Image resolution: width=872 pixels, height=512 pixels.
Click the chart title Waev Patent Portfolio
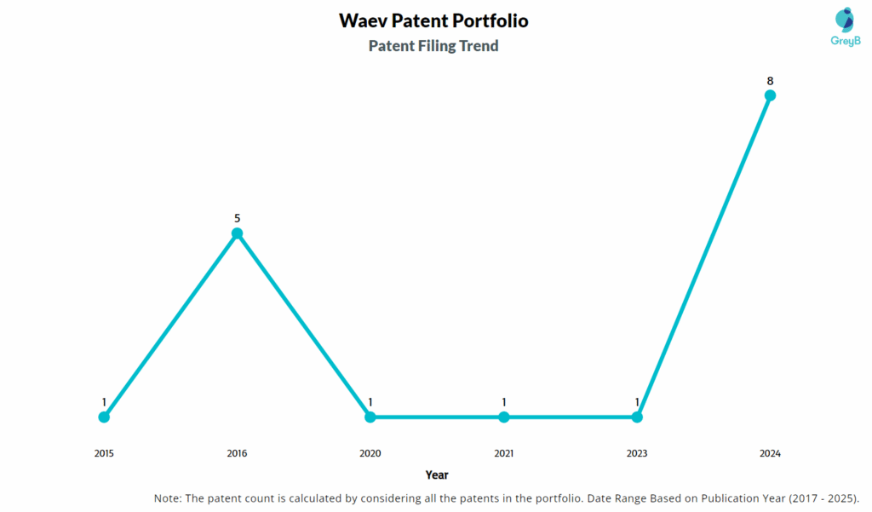433,20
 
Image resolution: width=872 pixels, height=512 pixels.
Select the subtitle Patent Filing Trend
433,46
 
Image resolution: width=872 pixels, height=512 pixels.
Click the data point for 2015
104,417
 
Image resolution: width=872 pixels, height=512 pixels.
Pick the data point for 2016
238,233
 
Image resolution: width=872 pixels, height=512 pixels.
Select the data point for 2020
370,417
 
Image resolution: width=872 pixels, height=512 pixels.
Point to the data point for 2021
504,417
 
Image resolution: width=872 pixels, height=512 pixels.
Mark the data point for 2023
637,417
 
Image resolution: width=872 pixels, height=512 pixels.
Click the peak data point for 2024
770,95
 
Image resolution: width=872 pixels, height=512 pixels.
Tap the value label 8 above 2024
770,81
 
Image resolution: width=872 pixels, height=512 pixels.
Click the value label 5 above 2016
238,219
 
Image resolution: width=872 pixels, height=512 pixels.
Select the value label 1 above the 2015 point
104,402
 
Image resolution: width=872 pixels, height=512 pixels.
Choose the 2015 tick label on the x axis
104,453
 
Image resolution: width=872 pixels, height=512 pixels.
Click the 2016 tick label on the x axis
238,453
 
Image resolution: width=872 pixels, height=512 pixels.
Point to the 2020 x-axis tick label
370,453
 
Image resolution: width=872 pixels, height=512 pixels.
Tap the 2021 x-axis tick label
504,453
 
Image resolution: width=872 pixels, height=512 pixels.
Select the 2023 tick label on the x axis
637,453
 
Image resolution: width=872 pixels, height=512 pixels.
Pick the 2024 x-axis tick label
770,453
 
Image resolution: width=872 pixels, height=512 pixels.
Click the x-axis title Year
437,475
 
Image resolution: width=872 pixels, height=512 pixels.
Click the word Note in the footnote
167,498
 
